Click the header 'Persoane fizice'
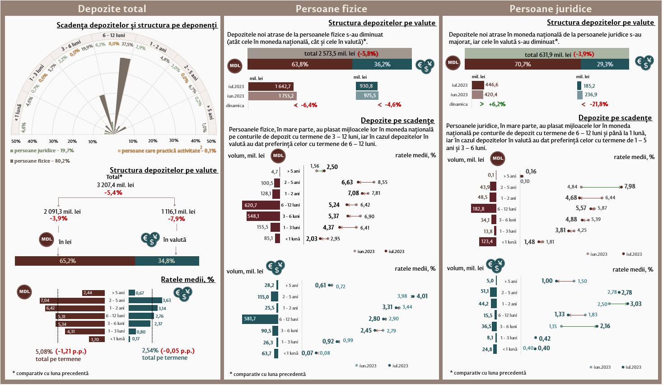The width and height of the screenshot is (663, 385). tap(331, 9)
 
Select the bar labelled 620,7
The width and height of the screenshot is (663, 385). tap(261, 205)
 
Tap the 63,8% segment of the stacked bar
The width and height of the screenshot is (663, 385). tap(300, 65)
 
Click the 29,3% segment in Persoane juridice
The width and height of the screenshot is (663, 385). tap(605, 64)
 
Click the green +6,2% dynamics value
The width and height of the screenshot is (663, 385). tap(497, 104)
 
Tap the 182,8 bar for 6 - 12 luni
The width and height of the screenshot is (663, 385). tap(483, 209)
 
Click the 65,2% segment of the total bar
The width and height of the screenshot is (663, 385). tap(75, 261)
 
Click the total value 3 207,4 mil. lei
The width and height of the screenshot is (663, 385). tap(115, 185)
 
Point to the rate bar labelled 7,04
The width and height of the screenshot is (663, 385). tap(72, 300)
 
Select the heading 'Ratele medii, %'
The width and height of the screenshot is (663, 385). tap(187, 280)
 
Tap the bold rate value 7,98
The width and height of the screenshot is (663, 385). tap(630, 187)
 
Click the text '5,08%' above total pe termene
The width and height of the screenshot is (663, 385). tap(44, 351)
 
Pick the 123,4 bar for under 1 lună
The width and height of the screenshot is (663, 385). tap(487, 242)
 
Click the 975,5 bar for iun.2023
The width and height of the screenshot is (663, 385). tap(366, 96)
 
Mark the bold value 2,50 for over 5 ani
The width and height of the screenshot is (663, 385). tap(332, 167)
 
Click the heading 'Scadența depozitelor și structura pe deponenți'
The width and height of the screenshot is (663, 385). tap(136, 25)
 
